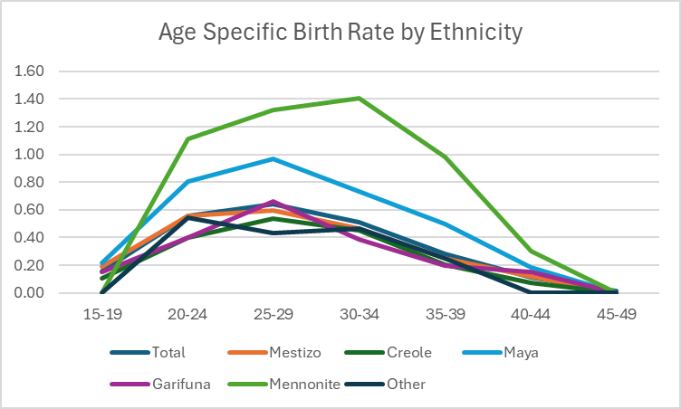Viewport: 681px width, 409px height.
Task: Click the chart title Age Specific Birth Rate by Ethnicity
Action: [340, 33]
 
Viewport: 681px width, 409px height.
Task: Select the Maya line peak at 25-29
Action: [273, 159]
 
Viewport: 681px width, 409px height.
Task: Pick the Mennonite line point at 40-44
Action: [531, 252]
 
